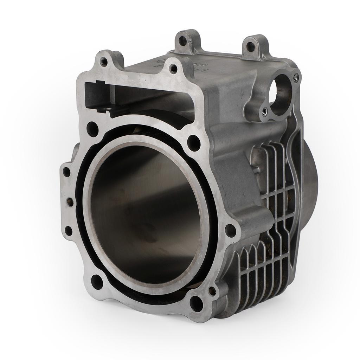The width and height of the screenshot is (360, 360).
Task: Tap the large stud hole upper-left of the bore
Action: [92, 129]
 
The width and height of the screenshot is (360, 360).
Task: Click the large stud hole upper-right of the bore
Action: [193, 143]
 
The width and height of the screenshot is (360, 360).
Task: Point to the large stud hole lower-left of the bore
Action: [97, 281]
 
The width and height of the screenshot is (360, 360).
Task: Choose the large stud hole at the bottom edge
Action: [196, 303]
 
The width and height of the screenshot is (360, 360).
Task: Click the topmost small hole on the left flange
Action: [66, 172]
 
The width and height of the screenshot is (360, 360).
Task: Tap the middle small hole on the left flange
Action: [70, 202]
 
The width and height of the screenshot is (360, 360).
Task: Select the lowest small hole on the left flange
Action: [69, 231]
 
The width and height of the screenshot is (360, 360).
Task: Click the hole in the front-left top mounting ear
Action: [104, 62]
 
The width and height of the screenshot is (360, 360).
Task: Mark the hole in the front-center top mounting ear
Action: [173, 69]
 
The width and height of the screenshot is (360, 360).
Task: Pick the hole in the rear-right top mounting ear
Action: [250, 46]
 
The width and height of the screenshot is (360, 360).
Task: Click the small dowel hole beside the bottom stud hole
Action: [212, 291]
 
